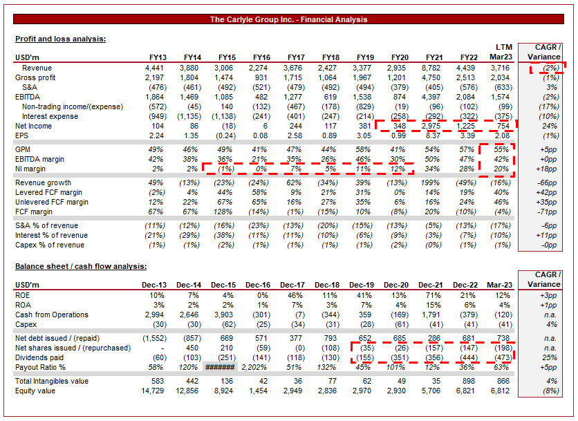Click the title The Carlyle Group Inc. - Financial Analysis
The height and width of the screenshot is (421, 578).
click(x=288, y=19)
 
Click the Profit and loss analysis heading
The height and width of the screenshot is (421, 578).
click(x=60, y=39)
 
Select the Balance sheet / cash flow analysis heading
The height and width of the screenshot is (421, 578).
click(x=81, y=266)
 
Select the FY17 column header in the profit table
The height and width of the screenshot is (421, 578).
click(x=295, y=57)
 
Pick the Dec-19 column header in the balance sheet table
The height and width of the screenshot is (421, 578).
click(x=363, y=285)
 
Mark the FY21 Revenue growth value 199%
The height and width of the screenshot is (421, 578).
click(x=433, y=183)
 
